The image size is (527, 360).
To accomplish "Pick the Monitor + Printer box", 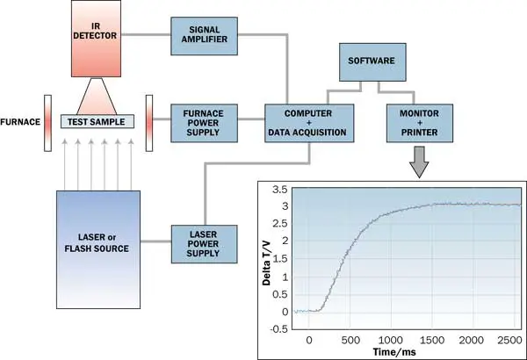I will tap(414, 121).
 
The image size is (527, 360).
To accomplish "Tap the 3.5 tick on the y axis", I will tap(281, 190).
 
